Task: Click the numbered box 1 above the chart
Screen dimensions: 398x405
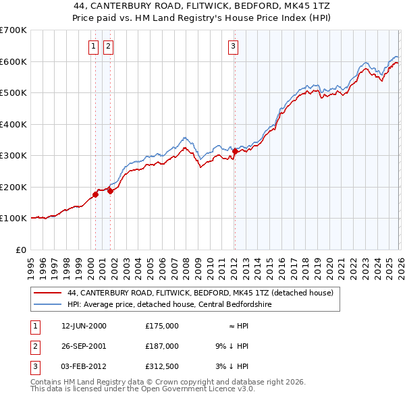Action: pos(92,47)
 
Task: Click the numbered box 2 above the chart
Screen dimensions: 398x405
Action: pos(108,47)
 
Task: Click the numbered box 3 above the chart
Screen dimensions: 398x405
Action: pos(233,47)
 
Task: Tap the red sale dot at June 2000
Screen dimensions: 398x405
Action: pos(95,195)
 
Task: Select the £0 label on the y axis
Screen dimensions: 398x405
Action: pos(20,250)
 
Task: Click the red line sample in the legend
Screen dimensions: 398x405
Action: pos(47,293)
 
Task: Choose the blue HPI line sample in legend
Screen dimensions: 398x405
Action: pos(47,304)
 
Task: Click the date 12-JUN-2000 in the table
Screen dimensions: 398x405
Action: pos(84,326)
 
